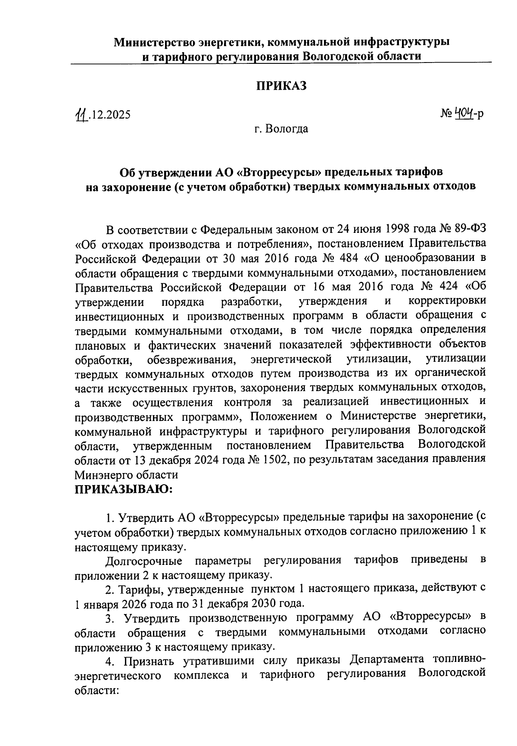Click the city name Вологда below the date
[287, 129]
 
